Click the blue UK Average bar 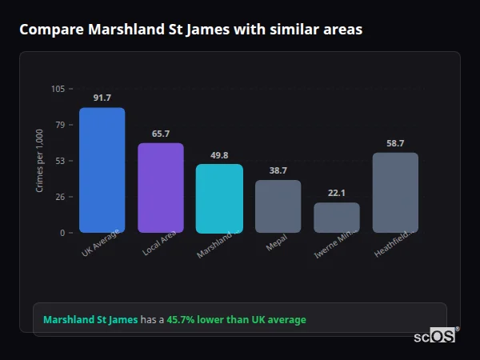[x=102, y=170]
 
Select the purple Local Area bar [x=161, y=188]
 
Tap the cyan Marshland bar [x=219, y=198]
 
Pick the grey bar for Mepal [x=278, y=206]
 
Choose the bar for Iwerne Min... [x=337, y=218]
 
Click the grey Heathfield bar [x=395, y=193]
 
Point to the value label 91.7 [x=102, y=98]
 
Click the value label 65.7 [x=161, y=134]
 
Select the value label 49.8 [x=219, y=155]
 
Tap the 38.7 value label [x=278, y=170]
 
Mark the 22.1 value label [x=337, y=193]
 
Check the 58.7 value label [x=395, y=143]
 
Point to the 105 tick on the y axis [x=58, y=89]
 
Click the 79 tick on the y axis [x=60, y=125]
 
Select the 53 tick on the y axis [x=60, y=161]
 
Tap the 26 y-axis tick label [x=60, y=197]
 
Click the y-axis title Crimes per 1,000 [x=40, y=161]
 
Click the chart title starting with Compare [x=190, y=30]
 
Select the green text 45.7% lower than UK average [x=236, y=320]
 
